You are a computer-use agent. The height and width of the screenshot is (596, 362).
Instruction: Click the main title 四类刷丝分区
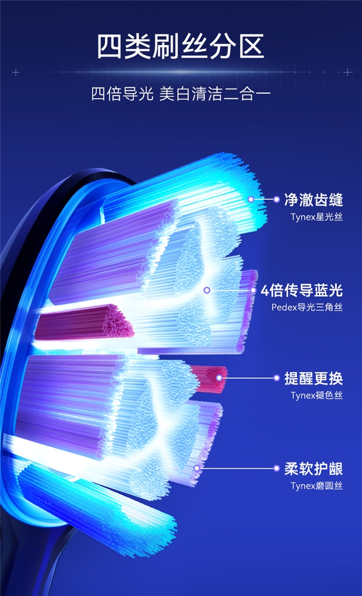[180, 46]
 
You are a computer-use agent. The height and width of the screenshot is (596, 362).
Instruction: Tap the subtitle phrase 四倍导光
[122, 94]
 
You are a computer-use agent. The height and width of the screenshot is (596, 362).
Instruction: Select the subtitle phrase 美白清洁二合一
[215, 94]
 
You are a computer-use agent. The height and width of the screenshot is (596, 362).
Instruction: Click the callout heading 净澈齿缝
[314, 200]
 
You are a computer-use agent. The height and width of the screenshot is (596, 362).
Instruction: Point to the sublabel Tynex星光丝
[317, 217]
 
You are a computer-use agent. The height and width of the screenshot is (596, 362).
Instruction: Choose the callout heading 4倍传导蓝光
[302, 290]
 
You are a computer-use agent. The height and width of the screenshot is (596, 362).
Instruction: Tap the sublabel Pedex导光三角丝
[307, 307]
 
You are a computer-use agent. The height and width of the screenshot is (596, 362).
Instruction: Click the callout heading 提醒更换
[314, 378]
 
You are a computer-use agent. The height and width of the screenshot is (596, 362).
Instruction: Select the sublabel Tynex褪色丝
[317, 396]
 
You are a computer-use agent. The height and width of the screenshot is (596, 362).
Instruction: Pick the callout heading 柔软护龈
[314, 469]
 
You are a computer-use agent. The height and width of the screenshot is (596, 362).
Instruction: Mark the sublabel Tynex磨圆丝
[317, 486]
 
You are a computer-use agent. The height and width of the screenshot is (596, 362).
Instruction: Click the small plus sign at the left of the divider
[16, 72]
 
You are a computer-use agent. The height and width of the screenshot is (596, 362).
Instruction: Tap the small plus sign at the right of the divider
[347, 72]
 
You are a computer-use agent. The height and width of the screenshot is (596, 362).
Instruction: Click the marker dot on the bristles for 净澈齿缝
[251, 199]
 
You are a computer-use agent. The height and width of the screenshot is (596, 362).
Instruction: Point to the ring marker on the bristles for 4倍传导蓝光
[207, 290]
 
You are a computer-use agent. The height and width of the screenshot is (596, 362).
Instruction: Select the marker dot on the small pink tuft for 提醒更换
[219, 378]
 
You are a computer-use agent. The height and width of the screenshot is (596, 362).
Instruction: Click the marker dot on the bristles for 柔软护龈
[197, 468]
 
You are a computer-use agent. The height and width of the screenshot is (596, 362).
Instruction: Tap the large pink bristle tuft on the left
[84, 323]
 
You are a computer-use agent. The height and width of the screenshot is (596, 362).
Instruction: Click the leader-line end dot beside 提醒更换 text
[276, 378]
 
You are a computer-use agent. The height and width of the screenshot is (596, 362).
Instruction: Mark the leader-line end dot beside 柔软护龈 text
[276, 468]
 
